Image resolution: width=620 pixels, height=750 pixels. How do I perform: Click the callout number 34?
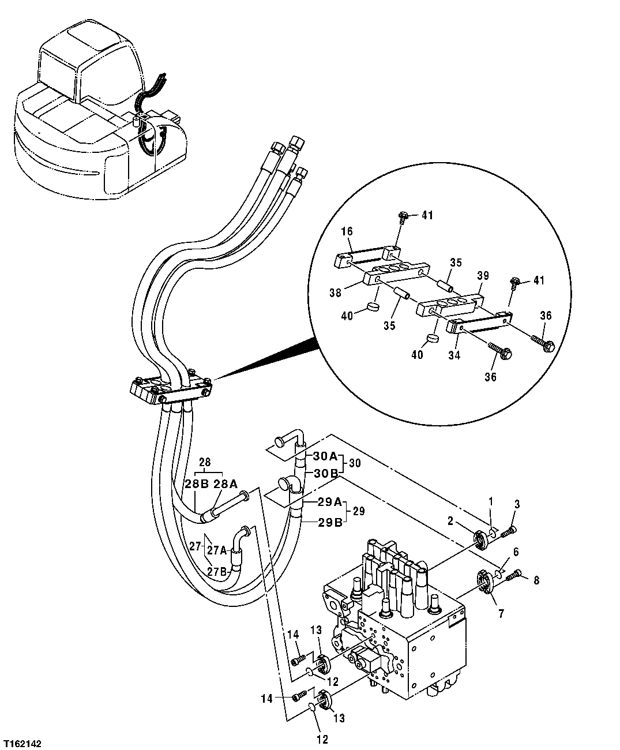tap(454, 356)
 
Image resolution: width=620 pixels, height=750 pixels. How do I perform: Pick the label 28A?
tap(226, 485)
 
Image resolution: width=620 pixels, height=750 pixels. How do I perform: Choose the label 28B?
tap(197, 485)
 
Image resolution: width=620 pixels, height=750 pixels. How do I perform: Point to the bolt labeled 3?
tap(508, 530)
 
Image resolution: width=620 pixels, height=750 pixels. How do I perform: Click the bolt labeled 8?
tap(513, 575)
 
